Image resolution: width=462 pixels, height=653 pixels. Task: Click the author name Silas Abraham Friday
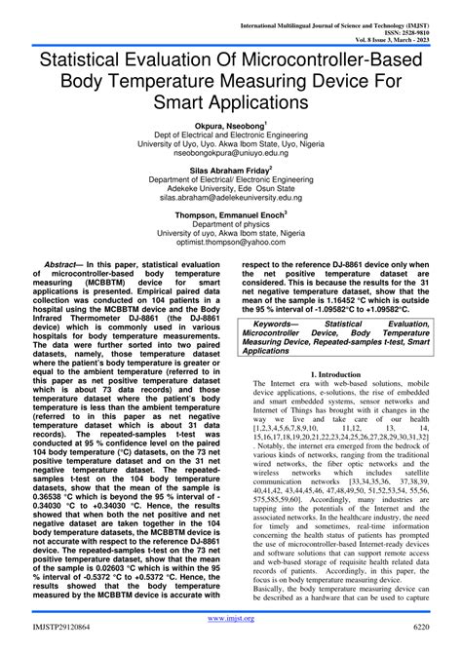click(228, 170)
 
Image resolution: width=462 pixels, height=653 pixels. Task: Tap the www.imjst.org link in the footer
click(230, 618)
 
